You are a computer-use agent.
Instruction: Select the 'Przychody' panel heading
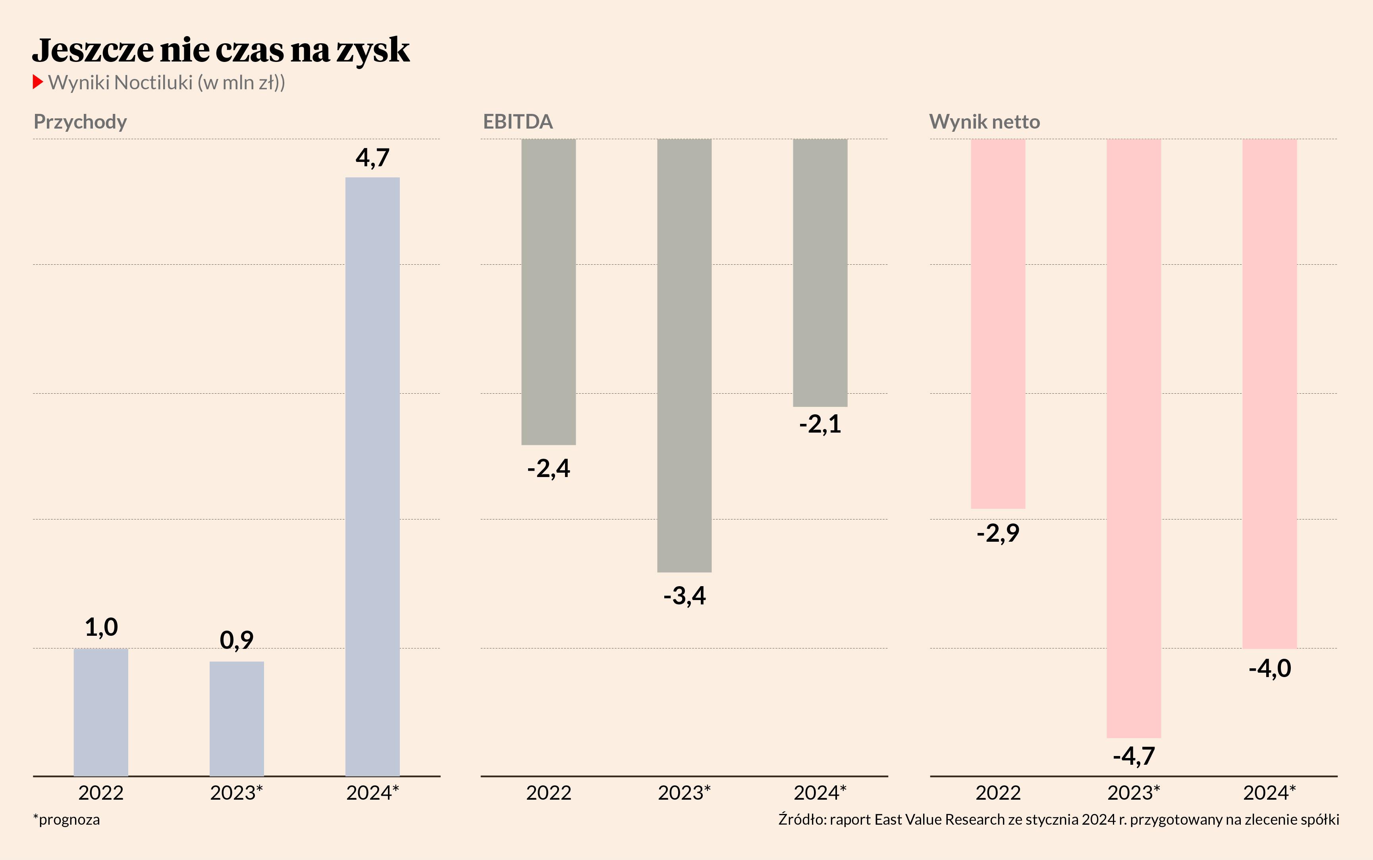point(80,122)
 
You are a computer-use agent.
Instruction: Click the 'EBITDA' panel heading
point(518,122)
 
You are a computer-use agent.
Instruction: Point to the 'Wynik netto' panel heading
point(984,122)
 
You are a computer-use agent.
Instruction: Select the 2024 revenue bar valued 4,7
point(373,477)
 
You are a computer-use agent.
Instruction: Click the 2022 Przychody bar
point(101,712)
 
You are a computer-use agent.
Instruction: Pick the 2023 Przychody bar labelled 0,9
point(237,718)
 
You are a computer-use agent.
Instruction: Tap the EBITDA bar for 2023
point(684,356)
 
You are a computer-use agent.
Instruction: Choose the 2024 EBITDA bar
point(820,273)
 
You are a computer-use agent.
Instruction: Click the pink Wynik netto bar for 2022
point(998,323)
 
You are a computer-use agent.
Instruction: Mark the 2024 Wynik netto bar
point(1269,394)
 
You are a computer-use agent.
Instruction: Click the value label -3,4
point(685,596)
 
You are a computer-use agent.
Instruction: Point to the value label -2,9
point(998,533)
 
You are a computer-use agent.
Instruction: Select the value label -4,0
point(1269,668)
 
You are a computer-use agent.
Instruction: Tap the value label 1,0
point(101,627)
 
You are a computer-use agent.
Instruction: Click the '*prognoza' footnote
point(67,820)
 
